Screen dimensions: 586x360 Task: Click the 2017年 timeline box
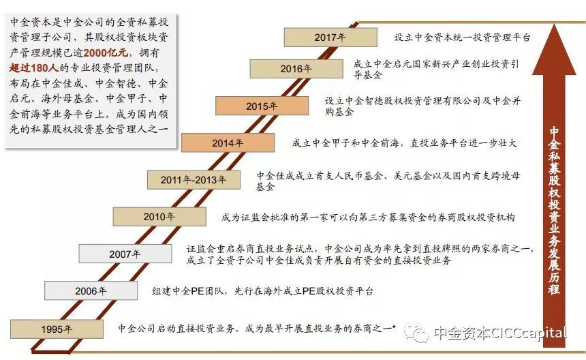(x=330, y=37)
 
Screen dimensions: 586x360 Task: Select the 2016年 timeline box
(x=296, y=69)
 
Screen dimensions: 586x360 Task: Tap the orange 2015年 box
(x=262, y=106)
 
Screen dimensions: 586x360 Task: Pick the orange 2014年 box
(x=228, y=142)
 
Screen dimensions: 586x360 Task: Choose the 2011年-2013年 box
(x=194, y=180)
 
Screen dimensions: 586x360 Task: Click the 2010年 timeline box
(x=159, y=217)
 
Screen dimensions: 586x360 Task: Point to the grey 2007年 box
(x=125, y=254)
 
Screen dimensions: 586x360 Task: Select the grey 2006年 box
(x=91, y=291)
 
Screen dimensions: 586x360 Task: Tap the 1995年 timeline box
(x=57, y=329)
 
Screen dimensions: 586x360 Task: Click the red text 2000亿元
(x=106, y=52)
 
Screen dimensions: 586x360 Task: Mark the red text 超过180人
(x=34, y=68)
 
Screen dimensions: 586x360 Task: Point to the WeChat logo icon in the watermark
(x=416, y=332)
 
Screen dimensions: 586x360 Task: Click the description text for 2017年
(x=462, y=37)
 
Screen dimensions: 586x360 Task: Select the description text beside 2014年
(x=404, y=142)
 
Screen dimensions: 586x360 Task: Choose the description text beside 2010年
(x=368, y=217)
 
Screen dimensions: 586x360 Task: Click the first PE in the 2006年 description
(x=197, y=291)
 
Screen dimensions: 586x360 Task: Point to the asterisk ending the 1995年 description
(x=394, y=327)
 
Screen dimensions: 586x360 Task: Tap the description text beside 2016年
(x=436, y=69)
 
